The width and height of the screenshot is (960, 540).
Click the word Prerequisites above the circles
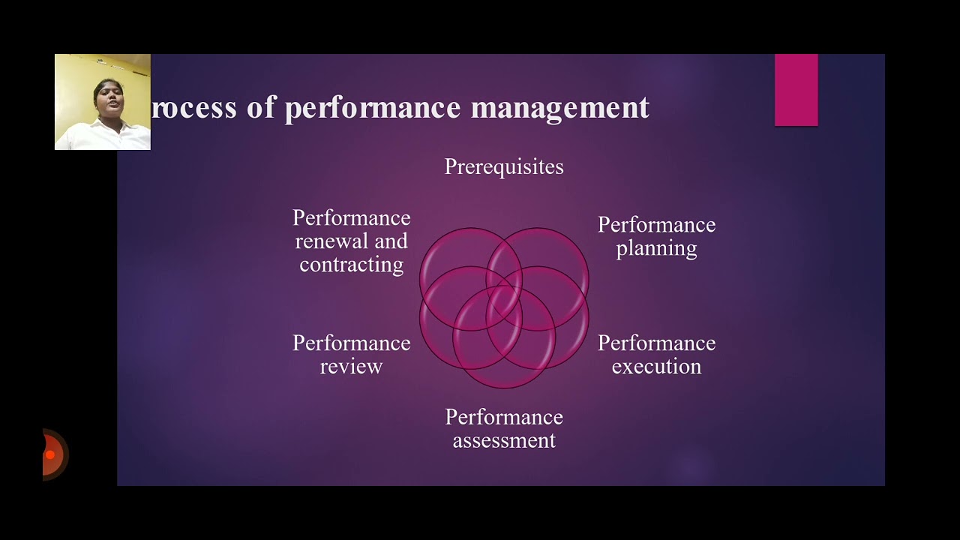click(503, 166)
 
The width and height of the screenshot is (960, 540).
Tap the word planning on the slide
click(656, 249)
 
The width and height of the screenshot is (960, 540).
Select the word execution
click(656, 367)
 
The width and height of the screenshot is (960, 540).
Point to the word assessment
click(504, 440)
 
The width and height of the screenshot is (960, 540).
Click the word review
click(351, 367)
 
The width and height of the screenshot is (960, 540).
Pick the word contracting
click(351, 265)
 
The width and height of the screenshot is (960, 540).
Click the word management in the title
click(559, 108)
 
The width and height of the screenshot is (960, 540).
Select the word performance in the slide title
click(373, 108)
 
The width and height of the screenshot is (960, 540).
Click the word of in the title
click(261, 108)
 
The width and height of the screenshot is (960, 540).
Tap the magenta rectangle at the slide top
click(796, 89)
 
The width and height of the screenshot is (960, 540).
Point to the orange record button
click(51, 454)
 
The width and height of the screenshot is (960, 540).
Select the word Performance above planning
click(656, 225)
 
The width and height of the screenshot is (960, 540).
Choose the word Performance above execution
click(656, 343)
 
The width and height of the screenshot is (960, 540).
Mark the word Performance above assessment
click(504, 417)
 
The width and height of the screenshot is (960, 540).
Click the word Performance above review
click(351, 343)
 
